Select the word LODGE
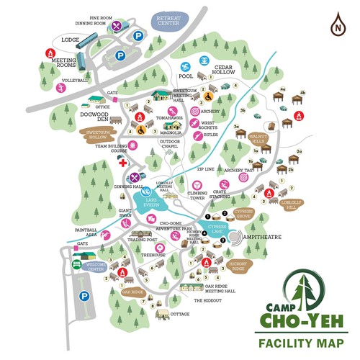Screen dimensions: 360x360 (x=70, y=40)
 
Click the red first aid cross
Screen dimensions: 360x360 (x=122, y=163)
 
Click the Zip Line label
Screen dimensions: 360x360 (x=207, y=168)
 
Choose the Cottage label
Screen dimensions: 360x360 (x=180, y=315)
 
